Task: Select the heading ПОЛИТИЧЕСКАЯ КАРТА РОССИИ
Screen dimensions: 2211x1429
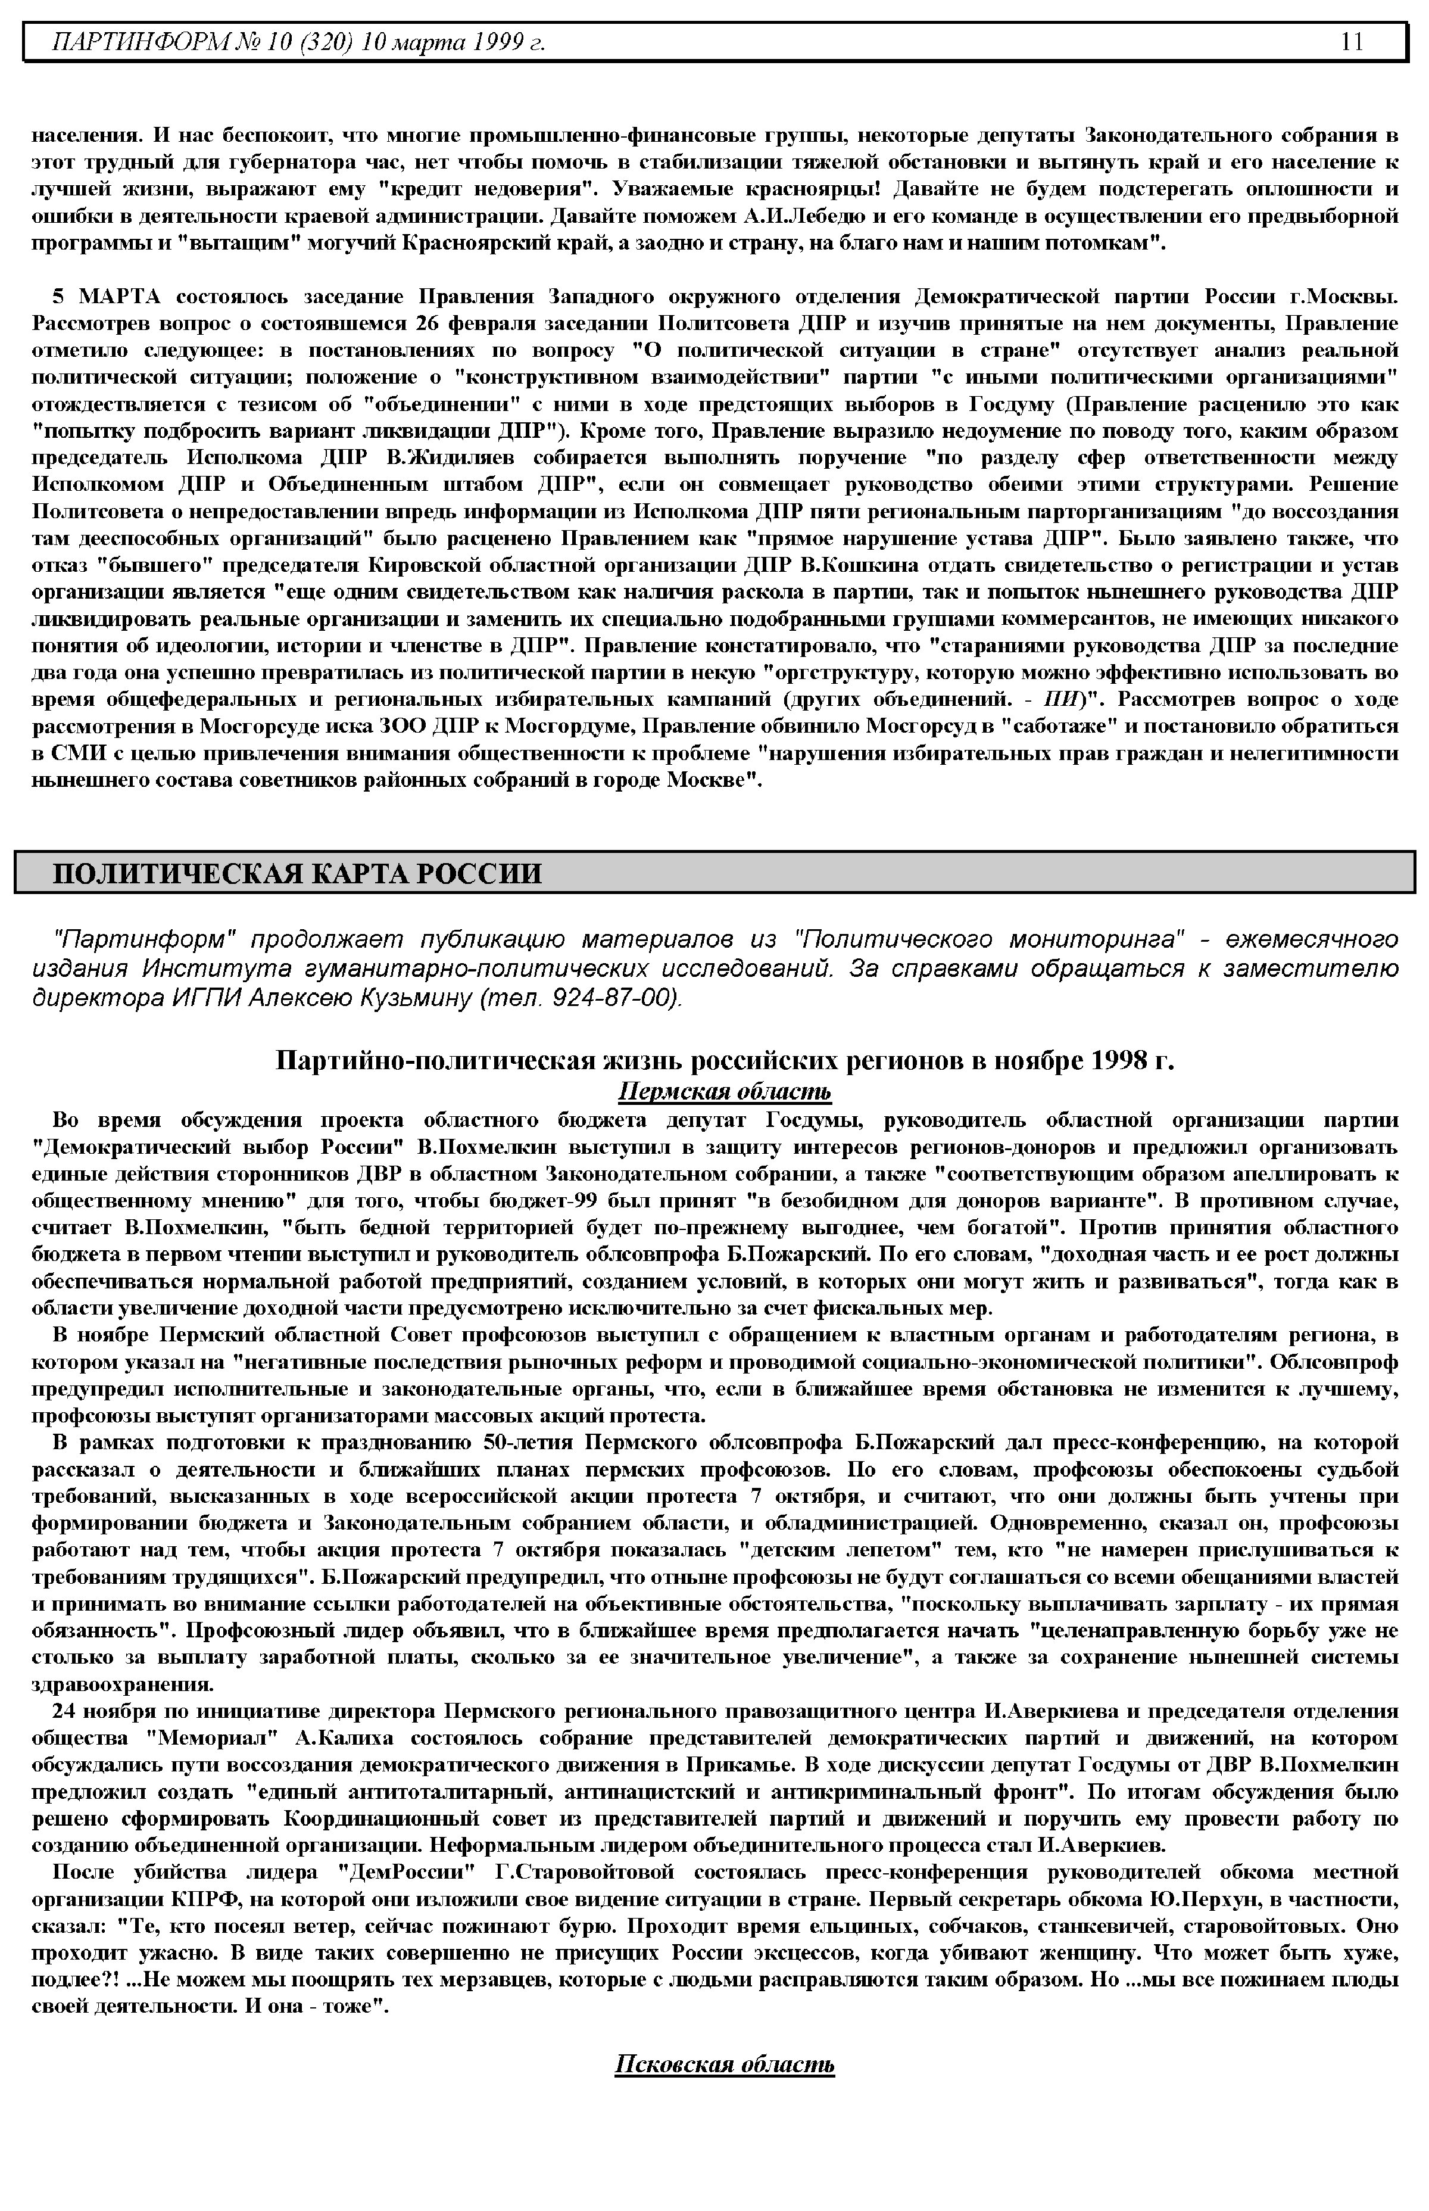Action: click(297, 873)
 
